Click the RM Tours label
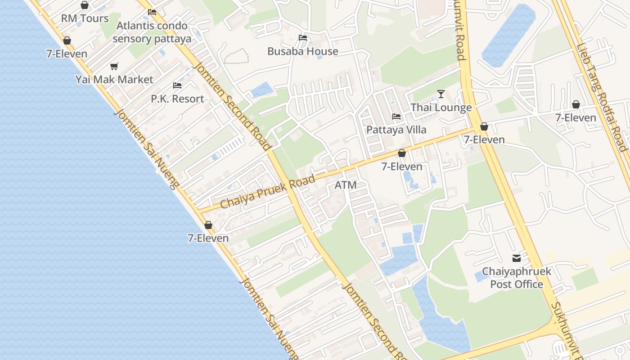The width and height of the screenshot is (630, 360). (85, 18)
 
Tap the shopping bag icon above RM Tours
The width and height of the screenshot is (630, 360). (85, 5)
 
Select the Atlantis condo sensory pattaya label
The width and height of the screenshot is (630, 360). (152, 32)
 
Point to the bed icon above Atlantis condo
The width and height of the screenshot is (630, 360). (152, 12)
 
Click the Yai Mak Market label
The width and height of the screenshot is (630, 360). (114, 80)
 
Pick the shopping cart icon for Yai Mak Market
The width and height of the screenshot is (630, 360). (114, 67)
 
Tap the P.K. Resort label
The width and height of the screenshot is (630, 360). (177, 99)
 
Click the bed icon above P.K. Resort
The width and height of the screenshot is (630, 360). (177, 85)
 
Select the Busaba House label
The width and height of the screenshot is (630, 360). (303, 51)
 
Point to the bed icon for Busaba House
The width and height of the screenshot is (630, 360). (303, 38)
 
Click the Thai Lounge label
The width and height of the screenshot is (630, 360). (441, 108)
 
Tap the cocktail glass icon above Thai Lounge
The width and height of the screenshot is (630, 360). (441, 94)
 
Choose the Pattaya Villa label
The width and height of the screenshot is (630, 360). (396, 130)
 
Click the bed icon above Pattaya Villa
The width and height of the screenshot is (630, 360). (396, 117)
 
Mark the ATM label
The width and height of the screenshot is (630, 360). (346, 185)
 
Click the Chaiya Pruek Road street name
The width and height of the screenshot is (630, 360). (268, 192)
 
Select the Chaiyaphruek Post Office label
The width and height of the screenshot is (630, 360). (516, 278)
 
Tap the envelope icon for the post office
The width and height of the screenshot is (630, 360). (516, 258)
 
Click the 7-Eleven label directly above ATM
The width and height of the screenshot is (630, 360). (402, 166)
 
